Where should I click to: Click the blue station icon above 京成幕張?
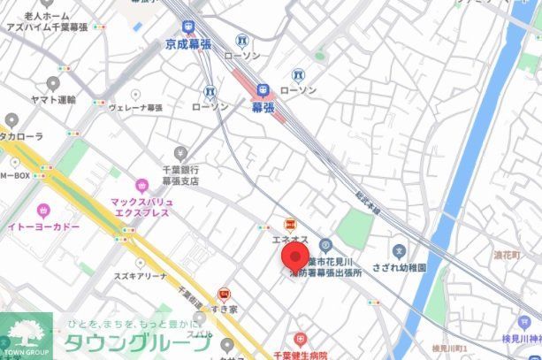tap(187, 27)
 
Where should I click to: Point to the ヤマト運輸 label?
tap(53, 100)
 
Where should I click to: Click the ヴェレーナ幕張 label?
tap(135, 107)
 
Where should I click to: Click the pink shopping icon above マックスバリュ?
tap(141, 186)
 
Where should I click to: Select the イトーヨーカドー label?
tap(45, 227)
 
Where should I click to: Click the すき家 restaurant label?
tap(225, 308)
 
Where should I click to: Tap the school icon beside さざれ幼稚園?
tap(400, 251)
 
